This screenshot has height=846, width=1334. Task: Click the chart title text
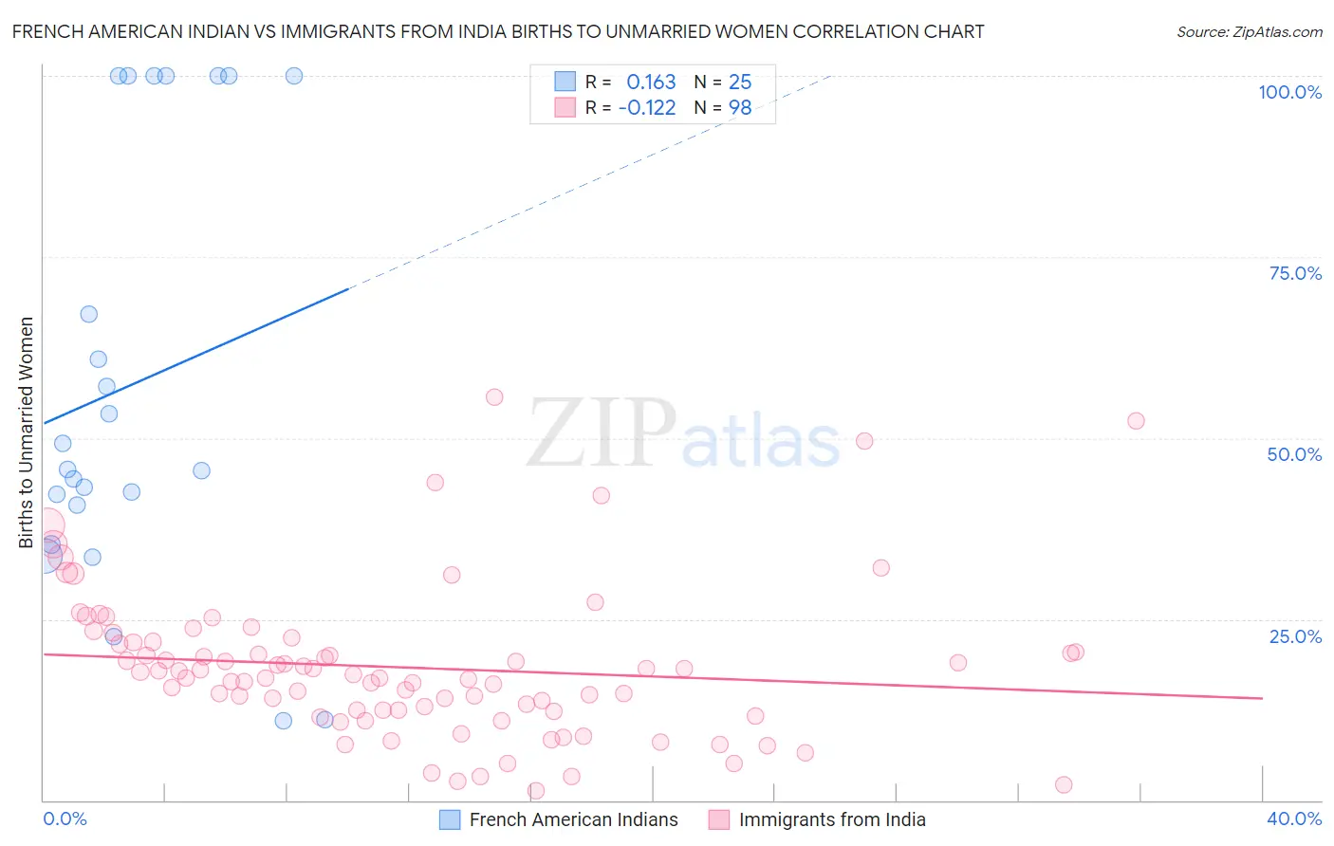(498, 31)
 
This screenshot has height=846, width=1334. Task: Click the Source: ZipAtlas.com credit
(1249, 31)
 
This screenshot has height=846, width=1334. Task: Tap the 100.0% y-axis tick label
(1289, 92)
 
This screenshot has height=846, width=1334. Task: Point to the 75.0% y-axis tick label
(1295, 273)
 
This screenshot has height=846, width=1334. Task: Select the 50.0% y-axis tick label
(1294, 454)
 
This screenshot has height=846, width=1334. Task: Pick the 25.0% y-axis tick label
(1295, 635)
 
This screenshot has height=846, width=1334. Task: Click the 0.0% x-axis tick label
(65, 818)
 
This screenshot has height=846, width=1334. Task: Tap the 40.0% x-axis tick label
(1294, 818)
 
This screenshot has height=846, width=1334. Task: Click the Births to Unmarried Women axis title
(27, 432)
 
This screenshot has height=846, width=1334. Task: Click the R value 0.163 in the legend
(651, 83)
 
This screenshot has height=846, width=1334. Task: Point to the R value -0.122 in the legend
(647, 108)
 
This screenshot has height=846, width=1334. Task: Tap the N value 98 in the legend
(740, 108)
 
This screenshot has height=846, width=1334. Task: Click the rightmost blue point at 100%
(294, 76)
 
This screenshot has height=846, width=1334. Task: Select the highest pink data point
(494, 397)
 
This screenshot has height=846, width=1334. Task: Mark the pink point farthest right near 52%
(1136, 421)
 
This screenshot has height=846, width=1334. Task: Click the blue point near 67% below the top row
(89, 314)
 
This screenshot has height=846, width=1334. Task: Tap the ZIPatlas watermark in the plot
(683, 433)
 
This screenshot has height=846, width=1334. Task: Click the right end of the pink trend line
(1262, 698)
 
